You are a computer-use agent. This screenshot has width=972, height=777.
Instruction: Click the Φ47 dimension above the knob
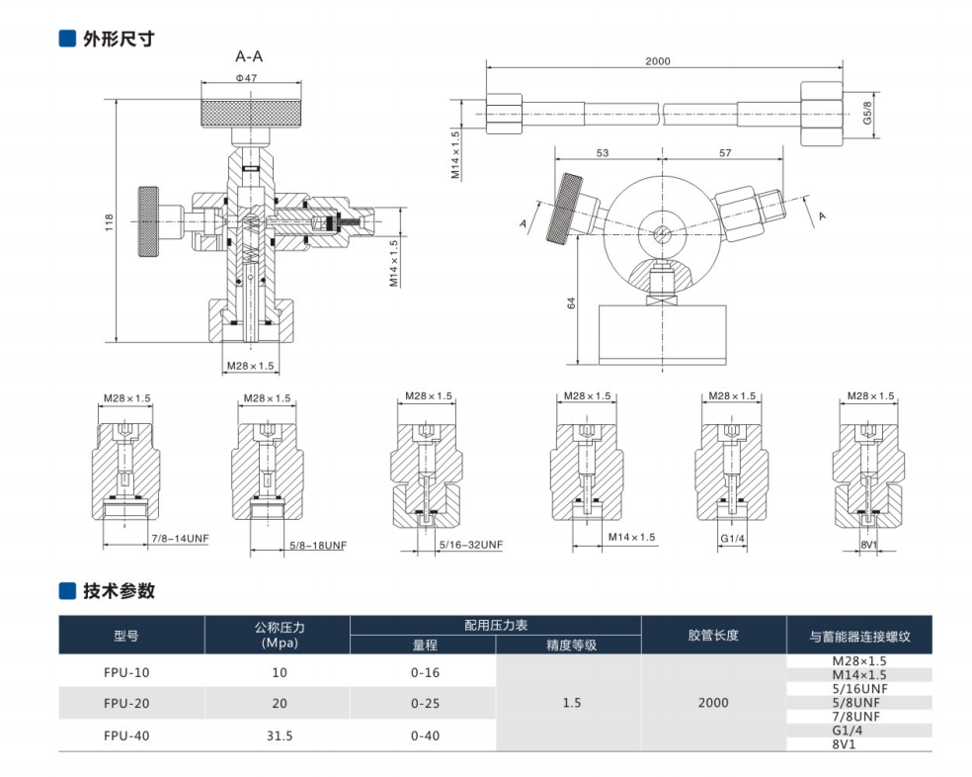click(246, 77)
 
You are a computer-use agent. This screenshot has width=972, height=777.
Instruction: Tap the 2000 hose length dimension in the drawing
click(657, 61)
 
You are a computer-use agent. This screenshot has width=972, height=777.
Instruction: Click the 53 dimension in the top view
click(603, 153)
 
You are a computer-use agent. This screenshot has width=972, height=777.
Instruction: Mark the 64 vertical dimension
click(571, 304)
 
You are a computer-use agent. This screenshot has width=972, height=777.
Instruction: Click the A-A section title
click(249, 56)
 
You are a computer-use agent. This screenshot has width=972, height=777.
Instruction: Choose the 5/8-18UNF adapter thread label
click(319, 545)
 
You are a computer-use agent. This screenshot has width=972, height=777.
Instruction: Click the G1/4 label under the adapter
click(732, 538)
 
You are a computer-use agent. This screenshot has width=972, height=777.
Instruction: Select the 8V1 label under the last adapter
click(870, 545)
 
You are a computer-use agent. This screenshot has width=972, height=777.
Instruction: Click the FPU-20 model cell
click(130, 703)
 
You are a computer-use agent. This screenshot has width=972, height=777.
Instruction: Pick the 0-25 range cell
click(425, 703)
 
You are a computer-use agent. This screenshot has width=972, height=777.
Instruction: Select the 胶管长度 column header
click(713, 635)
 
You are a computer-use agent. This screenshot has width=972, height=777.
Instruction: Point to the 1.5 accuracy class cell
click(571, 703)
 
